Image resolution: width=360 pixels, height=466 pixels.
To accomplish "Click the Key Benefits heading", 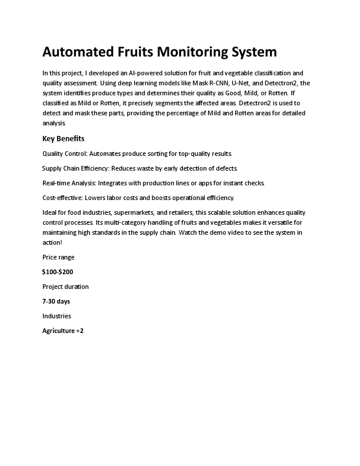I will coord(64,139).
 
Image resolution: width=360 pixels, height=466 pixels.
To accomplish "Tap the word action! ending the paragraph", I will coord(52,242).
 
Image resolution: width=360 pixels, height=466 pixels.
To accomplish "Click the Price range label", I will coord(58,257).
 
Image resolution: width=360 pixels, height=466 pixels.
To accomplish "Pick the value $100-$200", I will coord(58,272).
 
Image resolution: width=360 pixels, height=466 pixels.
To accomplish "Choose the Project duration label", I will coord(65,287).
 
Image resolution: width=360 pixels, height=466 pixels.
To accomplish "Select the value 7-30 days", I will coord(56,301).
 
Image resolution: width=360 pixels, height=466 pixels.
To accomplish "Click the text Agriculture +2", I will coord(63,331).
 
